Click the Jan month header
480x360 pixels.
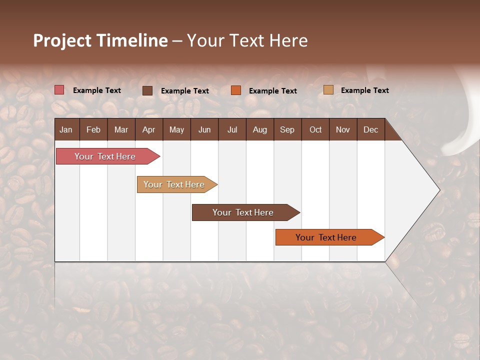pos(66,130)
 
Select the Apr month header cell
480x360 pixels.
pos(149,130)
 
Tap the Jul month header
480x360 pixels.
pos(232,130)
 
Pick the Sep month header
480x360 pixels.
pos(287,130)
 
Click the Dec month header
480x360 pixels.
pos(370,130)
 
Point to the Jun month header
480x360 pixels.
pos(204,130)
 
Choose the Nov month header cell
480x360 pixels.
pos(343,130)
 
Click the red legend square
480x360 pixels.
pos(59,90)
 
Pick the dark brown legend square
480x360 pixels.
pos(147,90)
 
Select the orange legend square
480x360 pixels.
pos(236,90)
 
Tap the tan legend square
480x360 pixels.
pos(328,90)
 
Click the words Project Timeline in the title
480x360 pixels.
pos(100,40)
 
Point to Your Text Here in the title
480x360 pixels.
pos(247,40)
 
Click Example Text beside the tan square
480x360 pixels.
pos(364,90)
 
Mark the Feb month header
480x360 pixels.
pos(93,130)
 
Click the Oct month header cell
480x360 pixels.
pos(315,130)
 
